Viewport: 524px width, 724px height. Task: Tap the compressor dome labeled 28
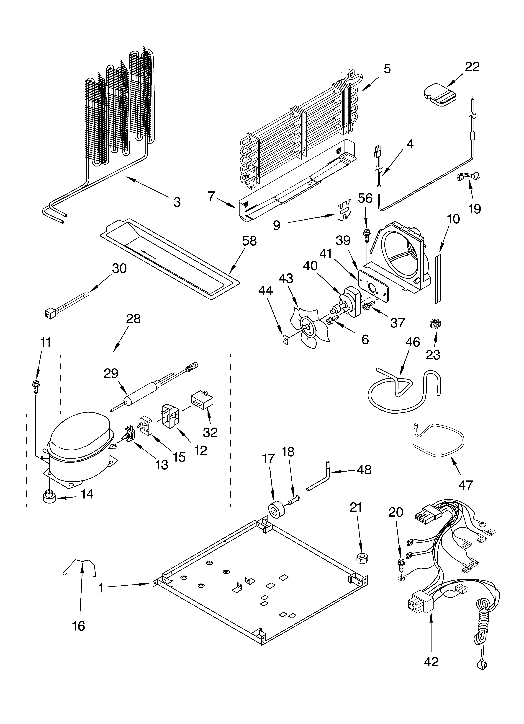[78, 447]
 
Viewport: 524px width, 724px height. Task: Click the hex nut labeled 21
[362, 557]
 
